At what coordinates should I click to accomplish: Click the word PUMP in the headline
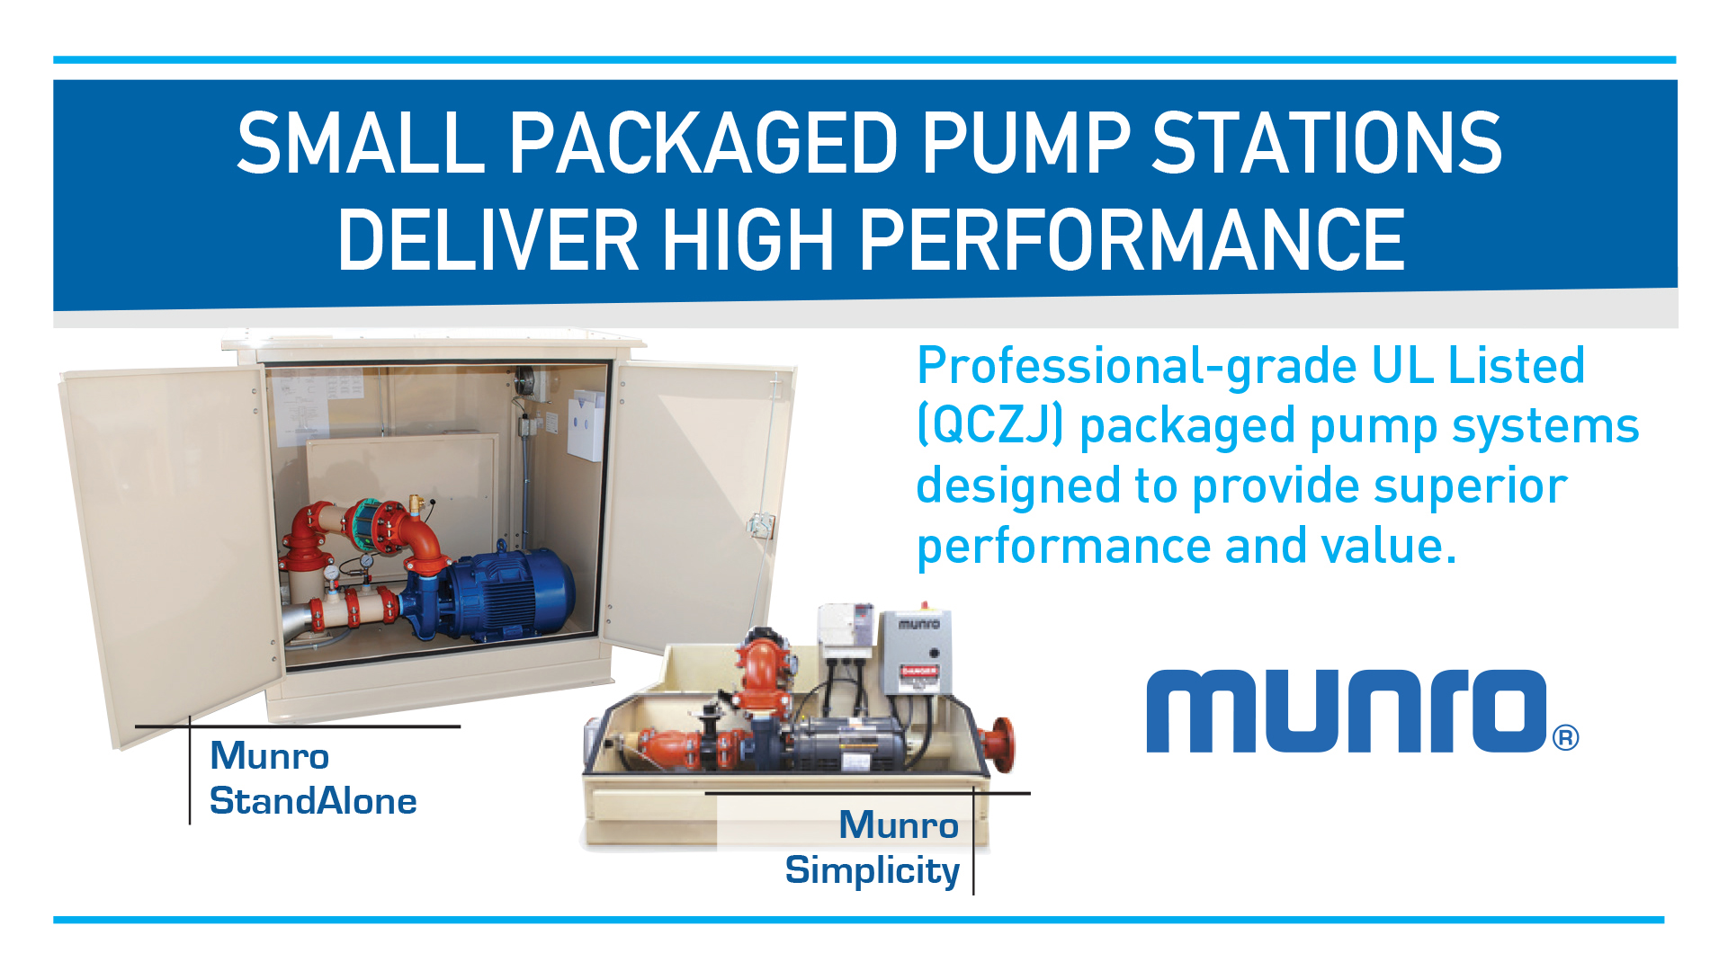click(1025, 143)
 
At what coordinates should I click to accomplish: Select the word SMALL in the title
click(361, 143)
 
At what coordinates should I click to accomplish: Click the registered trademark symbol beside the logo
click(1565, 738)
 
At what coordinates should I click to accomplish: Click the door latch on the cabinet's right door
click(760, 526)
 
